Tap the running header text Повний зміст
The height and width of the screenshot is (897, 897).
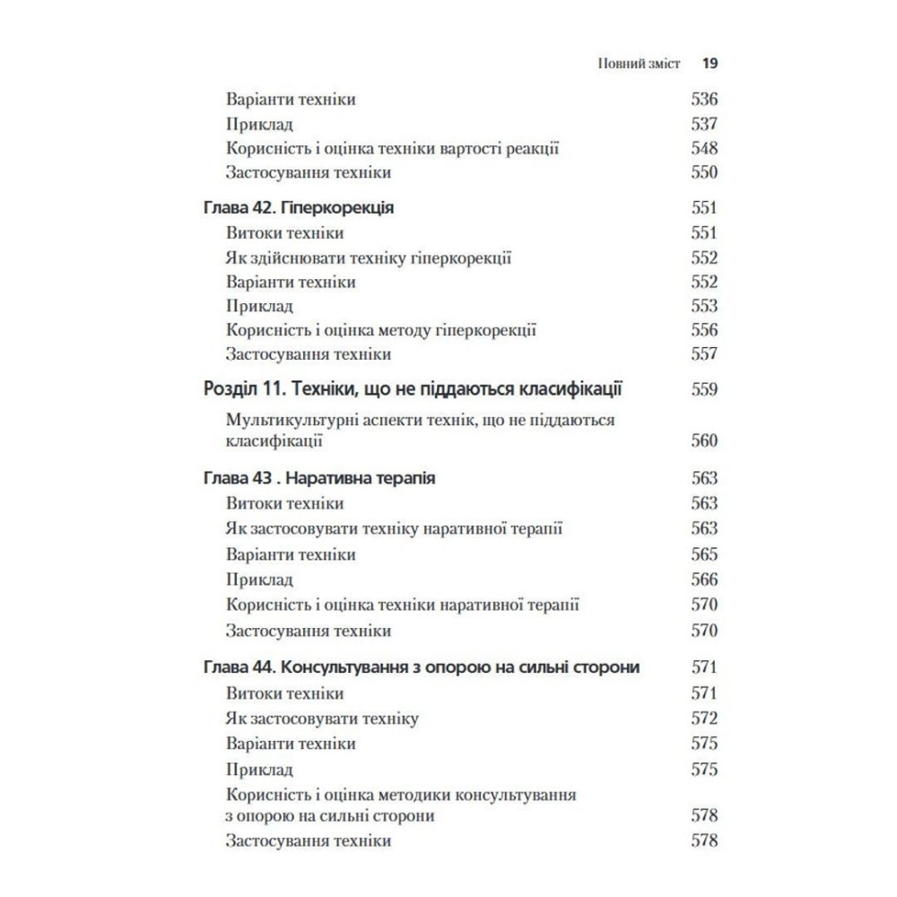(x=639, y=65)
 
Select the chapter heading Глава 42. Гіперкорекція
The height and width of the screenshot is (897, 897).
(x=300, y=208)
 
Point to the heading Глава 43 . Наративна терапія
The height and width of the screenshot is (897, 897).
(x=320, y=479)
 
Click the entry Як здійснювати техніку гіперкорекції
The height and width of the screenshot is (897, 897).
(x=369, y=258)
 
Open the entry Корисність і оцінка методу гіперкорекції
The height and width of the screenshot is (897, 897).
(x=381, y=330)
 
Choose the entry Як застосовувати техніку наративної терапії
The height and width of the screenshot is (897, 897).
(x=395, y=529)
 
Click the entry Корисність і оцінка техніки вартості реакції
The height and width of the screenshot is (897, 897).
(x=393, y=148)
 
